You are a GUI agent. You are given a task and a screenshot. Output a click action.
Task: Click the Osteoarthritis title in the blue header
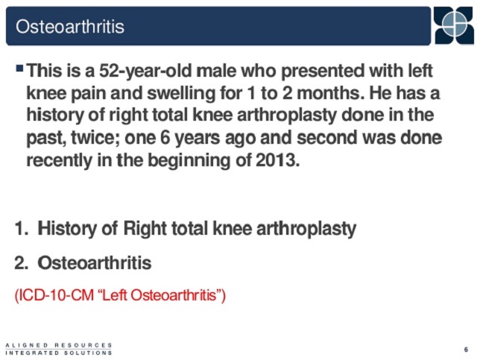(70, 26)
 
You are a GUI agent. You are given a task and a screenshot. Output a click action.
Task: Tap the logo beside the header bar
(454, 25)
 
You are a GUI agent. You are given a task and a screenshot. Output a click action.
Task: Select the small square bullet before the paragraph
(20, 68)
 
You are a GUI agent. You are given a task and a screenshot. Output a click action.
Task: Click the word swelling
(181, 93)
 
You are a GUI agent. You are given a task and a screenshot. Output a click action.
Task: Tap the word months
(331, 93)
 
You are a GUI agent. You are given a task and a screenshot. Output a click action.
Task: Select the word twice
(96, 138)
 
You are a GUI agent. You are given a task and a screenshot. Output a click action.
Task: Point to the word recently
(59, 160)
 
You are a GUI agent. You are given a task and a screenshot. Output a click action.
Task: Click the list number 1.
(22, 228)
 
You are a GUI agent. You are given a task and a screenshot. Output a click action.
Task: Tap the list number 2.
(22, 263)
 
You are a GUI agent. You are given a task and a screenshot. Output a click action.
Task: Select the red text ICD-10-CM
(54, 295)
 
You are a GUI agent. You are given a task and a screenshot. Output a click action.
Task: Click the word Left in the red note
(115, 295)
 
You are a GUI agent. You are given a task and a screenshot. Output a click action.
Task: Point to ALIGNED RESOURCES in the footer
(59, 345)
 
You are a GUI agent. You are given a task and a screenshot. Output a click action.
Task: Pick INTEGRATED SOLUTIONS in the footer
(59, 353)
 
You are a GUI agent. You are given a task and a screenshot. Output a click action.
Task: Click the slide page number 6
(467, 350)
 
